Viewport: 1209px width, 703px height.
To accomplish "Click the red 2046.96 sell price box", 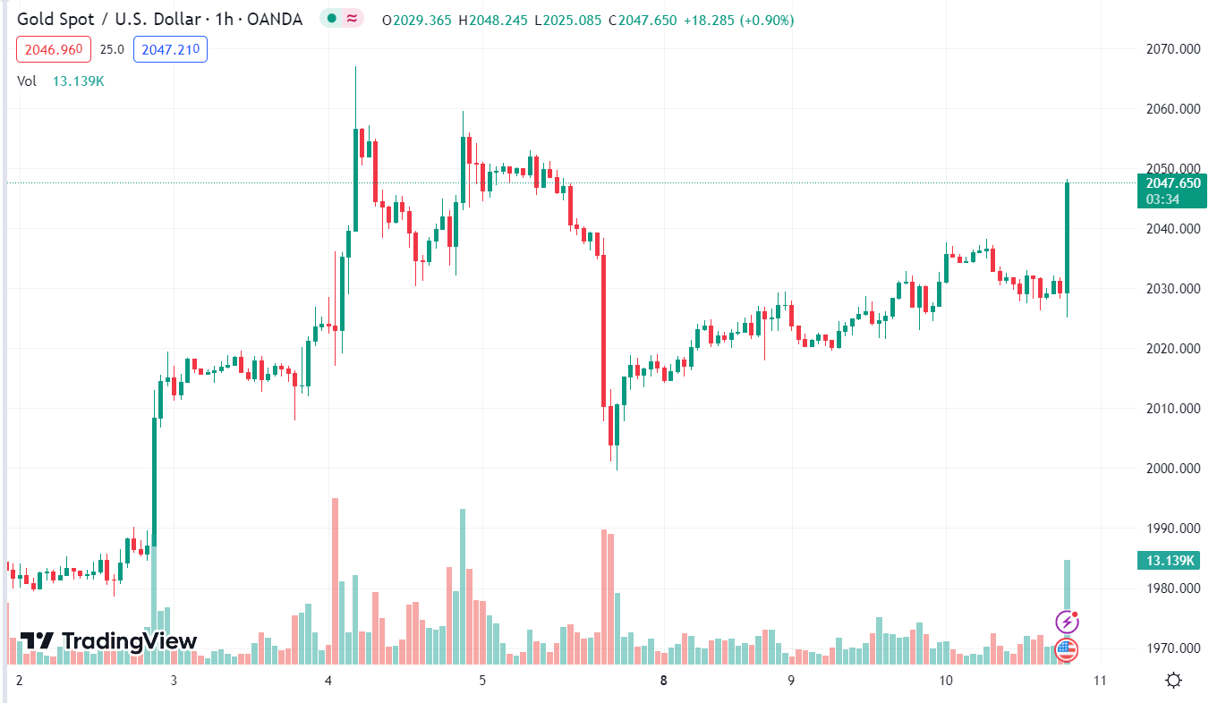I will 54,49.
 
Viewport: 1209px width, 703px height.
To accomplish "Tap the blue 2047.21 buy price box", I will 170,49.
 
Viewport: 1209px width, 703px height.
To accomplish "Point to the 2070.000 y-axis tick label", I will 1173,48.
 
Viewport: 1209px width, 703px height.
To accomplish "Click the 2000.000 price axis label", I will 1173,469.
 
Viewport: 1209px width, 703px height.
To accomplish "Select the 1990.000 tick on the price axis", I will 1173,529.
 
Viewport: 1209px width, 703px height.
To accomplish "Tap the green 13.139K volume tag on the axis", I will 1167,561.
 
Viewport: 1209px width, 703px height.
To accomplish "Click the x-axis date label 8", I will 663,680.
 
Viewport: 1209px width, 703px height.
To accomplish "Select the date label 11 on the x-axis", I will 1100,680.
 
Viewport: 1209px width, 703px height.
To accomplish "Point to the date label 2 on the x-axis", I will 19,680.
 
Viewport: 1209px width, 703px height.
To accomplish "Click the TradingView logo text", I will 108,640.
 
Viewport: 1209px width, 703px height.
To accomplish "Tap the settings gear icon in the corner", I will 1174,681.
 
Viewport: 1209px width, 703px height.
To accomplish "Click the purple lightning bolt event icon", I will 1067,622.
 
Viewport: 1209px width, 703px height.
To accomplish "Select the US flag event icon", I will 1067,650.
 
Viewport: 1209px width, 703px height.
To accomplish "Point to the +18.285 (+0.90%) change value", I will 738,20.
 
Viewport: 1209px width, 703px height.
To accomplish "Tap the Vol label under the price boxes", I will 27,81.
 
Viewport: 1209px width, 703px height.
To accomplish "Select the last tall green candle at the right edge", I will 1067,237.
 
